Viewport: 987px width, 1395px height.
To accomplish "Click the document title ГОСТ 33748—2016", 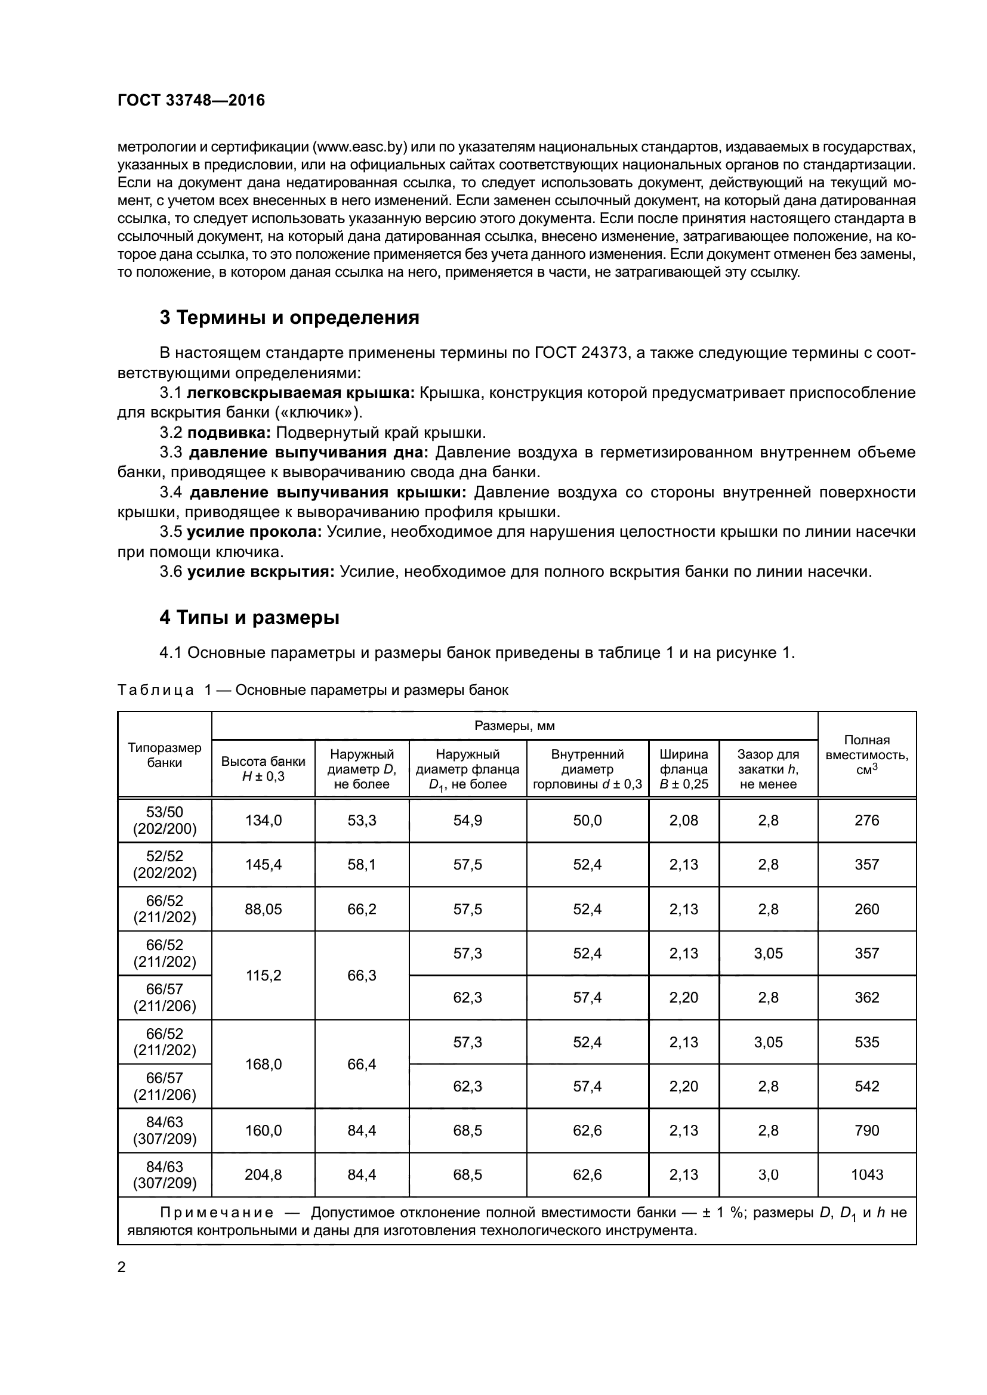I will pos(191,100).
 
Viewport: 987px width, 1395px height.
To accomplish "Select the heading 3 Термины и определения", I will pos(289,317).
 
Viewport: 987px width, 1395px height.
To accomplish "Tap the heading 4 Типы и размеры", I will pos(249,618).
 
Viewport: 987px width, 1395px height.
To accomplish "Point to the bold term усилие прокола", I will pos(254,531).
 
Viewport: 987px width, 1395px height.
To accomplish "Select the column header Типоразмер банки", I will pos(164,754).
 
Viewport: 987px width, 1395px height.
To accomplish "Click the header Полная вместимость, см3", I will pos(866,754).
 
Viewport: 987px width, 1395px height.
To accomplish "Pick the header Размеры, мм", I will pos(514,725).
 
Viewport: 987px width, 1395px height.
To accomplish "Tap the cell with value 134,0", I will pos(263,820).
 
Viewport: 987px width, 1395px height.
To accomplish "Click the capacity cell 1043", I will pos(866,1174).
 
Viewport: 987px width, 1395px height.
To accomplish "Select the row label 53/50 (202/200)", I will pos(164,820).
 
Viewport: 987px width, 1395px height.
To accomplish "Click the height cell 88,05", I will pos(263,909).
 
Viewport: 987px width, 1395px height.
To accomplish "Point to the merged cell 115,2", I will pos(263,975).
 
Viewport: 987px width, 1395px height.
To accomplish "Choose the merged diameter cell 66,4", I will pos(362,1064).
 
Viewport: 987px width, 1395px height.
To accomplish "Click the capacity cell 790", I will pos(866,1130).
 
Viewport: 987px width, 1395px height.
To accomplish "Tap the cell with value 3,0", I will pos(768,1174).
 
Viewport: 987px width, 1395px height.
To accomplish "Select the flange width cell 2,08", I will pos(684,820).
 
